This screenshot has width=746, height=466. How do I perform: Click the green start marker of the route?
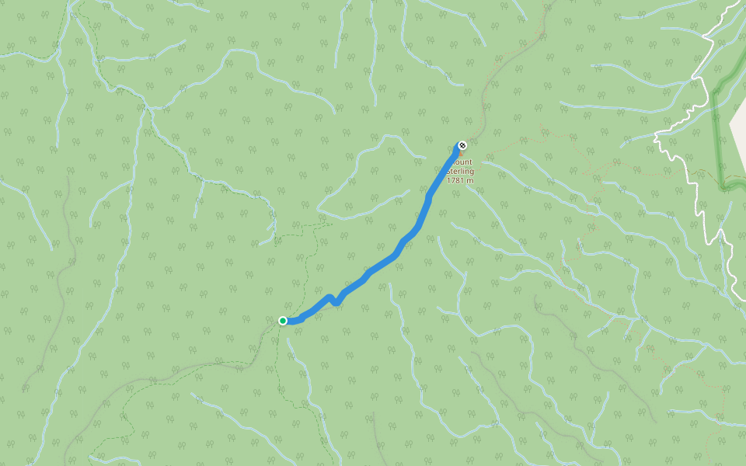click(283, 321)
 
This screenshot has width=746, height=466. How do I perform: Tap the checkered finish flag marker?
click(462, 145)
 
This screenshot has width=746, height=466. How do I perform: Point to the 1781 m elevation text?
click(460, 181)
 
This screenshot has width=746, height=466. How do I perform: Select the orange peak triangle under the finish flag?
click(461, 153)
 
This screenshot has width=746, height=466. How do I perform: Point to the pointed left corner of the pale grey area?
click(732, 124)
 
